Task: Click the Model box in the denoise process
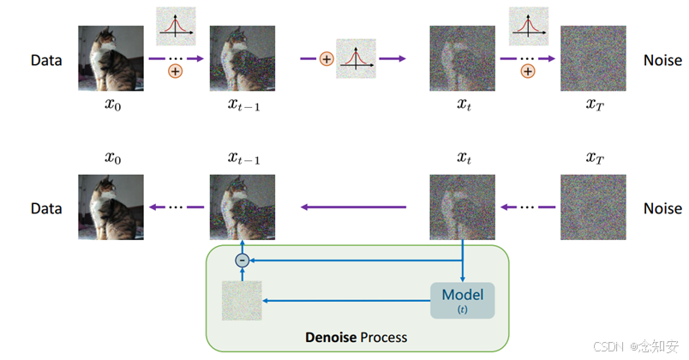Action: [463, 300]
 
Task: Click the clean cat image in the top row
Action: [111, 58]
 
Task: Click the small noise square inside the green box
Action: [241, 301]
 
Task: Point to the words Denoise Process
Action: [356, 337]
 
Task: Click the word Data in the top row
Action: [47, 61]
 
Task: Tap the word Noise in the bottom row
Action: [662, 208]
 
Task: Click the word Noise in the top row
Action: [662, 61]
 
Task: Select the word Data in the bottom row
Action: [47, 208]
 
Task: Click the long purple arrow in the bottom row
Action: [352, 206]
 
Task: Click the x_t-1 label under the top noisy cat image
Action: [244, 104]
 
